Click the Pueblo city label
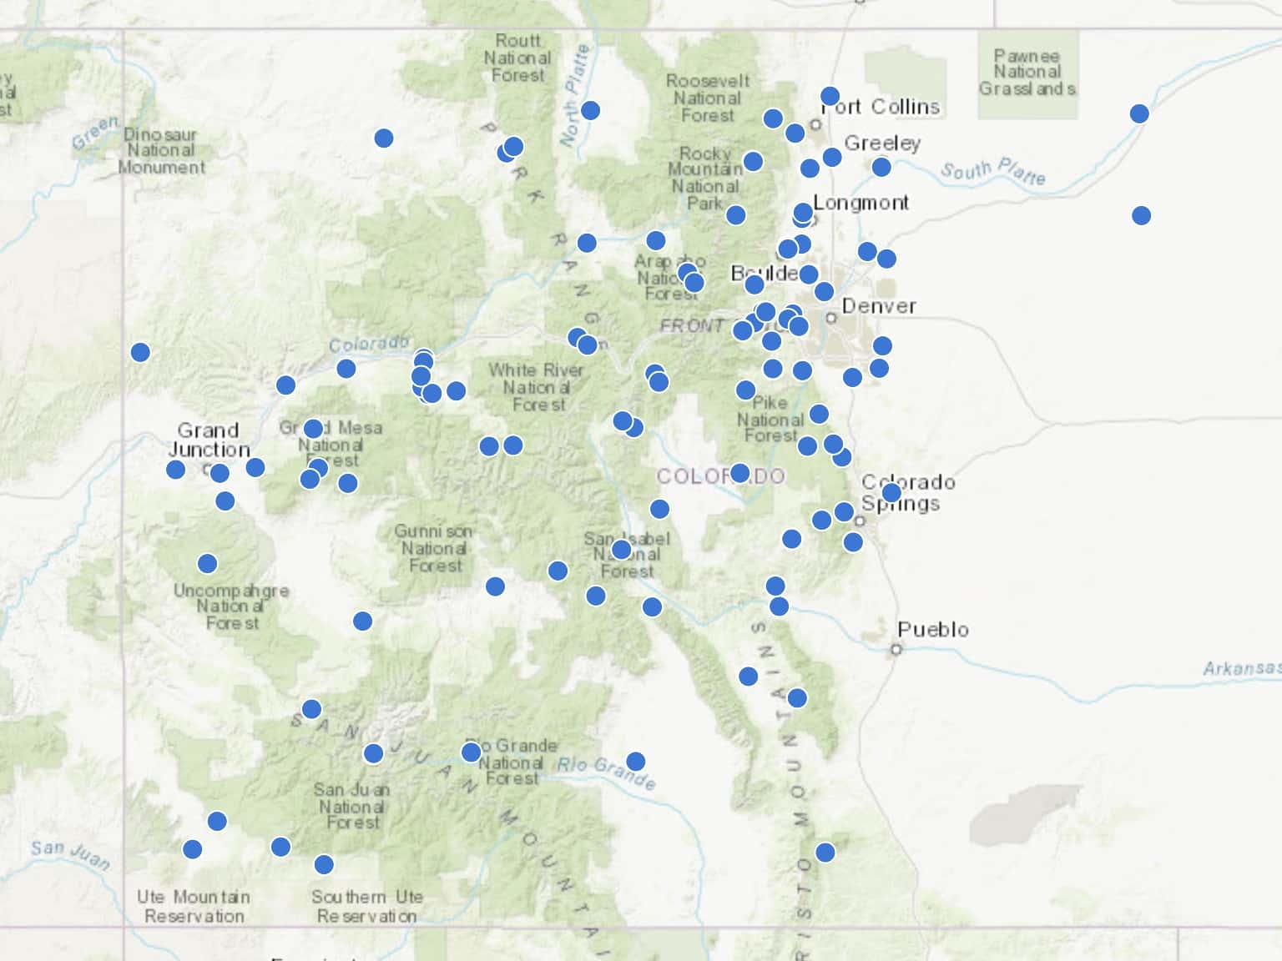pyautogui.click(x=933, y=629)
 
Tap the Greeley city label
pyautogui.click(x=882, y=143)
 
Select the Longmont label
pyautogui.click(x=861, y=203)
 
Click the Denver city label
pyautogui.click(x=879, y=306)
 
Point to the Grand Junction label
pyautogui.click(x=209, y=440)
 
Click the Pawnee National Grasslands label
pyautogui.click(x=1027, y=73)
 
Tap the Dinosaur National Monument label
pyautogui.click(x=161, y=151)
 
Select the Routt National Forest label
pyautogui.click(x=517, y=58)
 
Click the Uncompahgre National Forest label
pyautogui.click(x=231, y=606)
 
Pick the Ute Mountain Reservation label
pyautogui.click(x=194, y=906)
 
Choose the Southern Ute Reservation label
pyautogui.click(x=367, y=906)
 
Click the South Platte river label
pyautogui.click(x=993, y=172)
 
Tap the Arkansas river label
pyautogui.click(x=1241, y=668)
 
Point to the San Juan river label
pyautogui.click(x=70, y=854)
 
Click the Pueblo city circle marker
pyautogui.click(x=896, y=649)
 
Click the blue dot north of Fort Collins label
pyautogui.click(x=830, y=96)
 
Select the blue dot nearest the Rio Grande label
pyautogui.click(x=636, y=761)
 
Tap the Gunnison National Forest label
pyautogui.click(x=434, y=548)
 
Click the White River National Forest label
pyautogui.click(x=537, y=387)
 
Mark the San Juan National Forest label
pyautogui.click(x=352, y=806)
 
